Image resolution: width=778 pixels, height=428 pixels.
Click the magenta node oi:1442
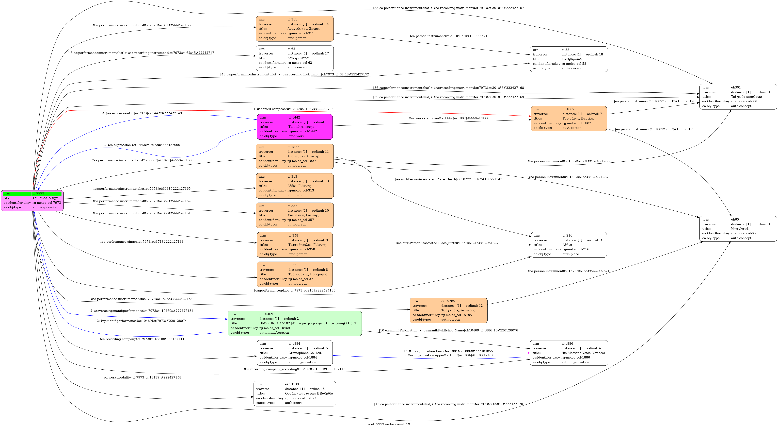[294, 127]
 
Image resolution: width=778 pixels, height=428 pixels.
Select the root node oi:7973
[32, 200]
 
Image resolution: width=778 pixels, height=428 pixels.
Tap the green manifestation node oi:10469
[294, 323]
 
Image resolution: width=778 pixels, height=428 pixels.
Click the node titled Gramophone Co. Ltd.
[294, 353]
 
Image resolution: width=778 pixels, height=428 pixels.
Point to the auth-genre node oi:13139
[294, 393]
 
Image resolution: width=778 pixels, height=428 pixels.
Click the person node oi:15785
[448, 310]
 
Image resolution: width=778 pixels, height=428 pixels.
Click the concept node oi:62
[294, 58]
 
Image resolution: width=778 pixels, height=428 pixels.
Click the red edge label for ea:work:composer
[294, 109]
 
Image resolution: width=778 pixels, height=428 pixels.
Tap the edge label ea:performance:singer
[142, 241]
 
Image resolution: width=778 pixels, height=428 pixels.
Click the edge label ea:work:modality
[142, 377]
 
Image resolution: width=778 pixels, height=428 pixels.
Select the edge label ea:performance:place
[294, 291]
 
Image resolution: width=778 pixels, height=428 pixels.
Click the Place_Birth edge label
[448, 243]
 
